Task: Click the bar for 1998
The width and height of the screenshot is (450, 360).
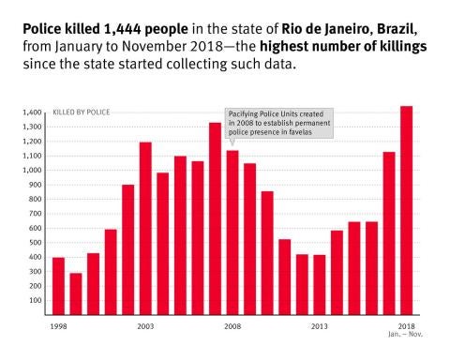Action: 58,286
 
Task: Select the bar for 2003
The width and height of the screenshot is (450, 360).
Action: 145,229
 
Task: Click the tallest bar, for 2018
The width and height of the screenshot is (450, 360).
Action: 406,211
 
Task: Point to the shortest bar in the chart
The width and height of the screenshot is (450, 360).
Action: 76,294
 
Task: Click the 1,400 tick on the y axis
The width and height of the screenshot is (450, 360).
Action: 31,112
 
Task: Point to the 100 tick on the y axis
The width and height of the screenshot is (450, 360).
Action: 34,301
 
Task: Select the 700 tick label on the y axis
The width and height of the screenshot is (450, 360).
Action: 34,214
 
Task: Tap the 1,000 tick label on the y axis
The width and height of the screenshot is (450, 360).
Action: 31,171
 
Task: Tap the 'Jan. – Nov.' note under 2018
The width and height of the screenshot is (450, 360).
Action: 406,334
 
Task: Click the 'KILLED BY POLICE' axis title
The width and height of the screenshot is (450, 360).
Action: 81,112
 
